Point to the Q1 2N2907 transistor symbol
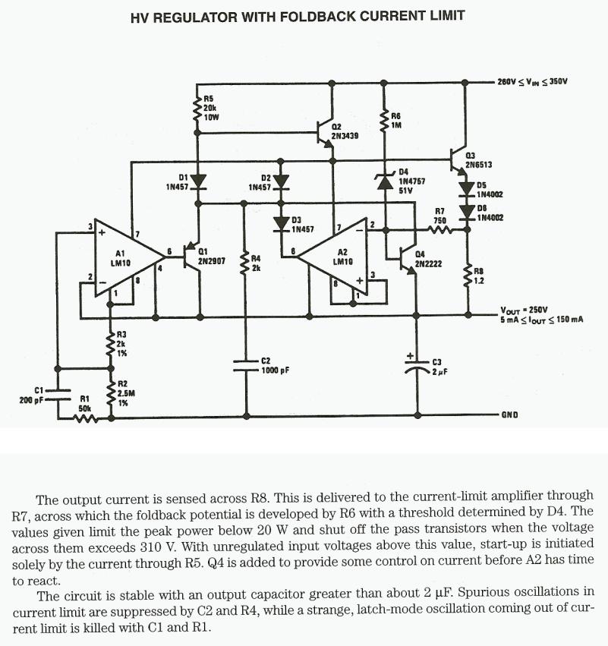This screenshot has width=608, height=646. (x=194, y=257)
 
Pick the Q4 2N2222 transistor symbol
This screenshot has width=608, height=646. (x=410, y=258)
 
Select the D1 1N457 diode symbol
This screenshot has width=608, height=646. (x=198, y=181)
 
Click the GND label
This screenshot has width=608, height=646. (x=509, y=416)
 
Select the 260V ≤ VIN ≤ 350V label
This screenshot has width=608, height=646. (x=532, y=80)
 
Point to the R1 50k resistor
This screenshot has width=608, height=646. (x=85, y=416)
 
